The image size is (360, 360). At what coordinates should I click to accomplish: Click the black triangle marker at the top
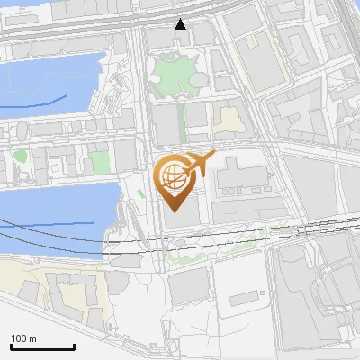pos(181,24)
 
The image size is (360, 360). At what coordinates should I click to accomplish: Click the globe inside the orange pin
pos(173,175)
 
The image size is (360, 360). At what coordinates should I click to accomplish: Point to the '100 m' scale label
pos(23,338)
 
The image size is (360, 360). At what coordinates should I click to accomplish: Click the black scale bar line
pos(42,346)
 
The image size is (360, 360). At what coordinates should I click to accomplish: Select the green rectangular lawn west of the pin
pos(100,162)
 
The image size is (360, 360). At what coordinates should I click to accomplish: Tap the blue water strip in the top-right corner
pos(347,18)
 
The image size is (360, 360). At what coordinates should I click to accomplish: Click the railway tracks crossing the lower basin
pos(54,238)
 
